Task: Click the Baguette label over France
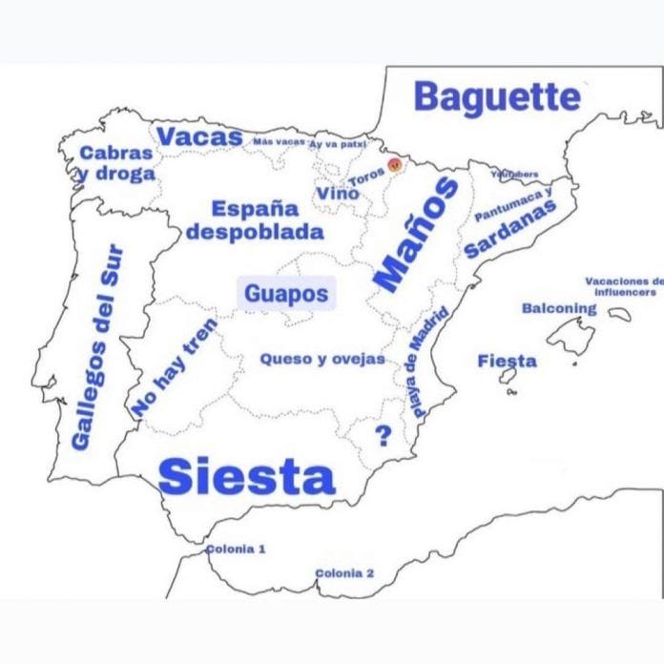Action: coord(497,97)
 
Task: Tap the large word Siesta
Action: coord(246,476)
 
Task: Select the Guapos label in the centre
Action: coord(285,294)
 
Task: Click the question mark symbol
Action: coord(384,436)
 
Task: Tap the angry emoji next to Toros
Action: coord(394,165)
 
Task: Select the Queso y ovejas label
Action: coord(322,360)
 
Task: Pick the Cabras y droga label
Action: coord(115,163)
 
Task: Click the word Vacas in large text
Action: coord(199,137)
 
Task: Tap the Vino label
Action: coord(338,194)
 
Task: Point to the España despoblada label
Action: coord(255,219)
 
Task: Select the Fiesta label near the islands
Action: coord(507,361)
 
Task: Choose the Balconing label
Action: coord(559,308)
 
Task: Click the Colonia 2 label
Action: coord(344,573)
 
